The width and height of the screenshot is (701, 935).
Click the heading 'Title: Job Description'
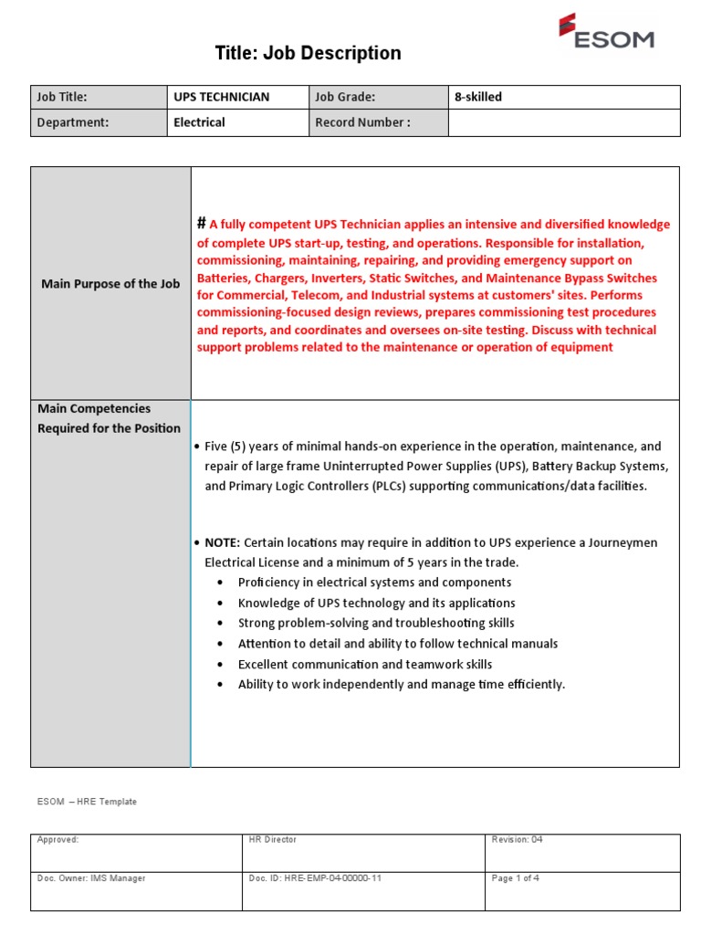[308, 54]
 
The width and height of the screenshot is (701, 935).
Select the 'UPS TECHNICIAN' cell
[222, 97]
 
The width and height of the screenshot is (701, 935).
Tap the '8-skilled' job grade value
[478, 97]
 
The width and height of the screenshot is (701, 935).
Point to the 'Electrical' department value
[199, 122]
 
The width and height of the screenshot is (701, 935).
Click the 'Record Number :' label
[362, 122]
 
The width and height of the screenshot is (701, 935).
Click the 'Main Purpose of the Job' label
[110, 284]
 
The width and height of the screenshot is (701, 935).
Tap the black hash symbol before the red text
[202, 224]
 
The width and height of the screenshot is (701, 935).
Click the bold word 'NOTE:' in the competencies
[223, 542]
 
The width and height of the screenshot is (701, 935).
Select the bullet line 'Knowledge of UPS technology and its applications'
[376, 603]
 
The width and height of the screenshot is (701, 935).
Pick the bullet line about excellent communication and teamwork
[364, 664]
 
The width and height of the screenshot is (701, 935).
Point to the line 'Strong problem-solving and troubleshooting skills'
[375, 623]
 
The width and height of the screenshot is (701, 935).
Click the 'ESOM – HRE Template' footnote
[87, 802]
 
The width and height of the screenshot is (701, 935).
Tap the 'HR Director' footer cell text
[272, 839]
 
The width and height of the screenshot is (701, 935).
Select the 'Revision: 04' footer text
[517, 839]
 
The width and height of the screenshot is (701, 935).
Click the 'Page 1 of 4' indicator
[516, 878]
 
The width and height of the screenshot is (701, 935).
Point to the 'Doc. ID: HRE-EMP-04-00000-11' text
[315, 878]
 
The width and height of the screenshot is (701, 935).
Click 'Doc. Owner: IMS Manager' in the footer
[91, 878]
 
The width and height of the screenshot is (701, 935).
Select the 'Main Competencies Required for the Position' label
[109, 418]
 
